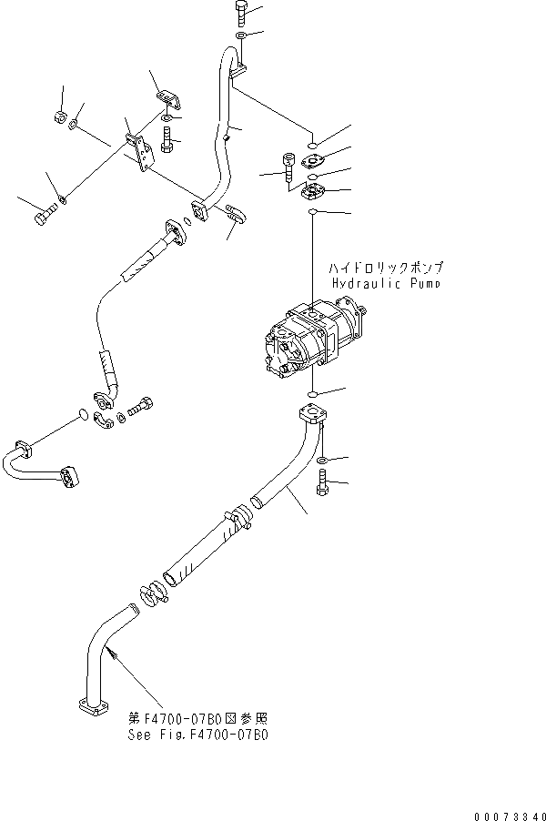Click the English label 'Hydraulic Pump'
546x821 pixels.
point(387,284)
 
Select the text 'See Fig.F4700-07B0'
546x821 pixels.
point(198,734)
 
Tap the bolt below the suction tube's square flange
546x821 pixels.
point(322,485)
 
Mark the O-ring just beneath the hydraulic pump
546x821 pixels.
point(310,393)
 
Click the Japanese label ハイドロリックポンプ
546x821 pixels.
point(387,269)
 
